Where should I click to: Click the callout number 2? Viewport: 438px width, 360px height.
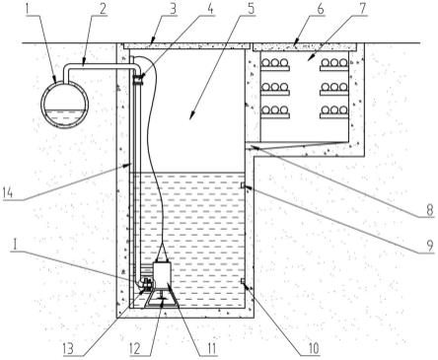point(103,9)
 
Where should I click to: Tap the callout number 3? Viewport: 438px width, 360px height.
point(173,9)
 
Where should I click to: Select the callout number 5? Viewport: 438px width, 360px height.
point(251,9)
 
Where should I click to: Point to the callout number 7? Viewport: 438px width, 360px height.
point(361,9)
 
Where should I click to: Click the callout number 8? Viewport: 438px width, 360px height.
point(430,210)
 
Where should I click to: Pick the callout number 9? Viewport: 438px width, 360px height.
point(430,247)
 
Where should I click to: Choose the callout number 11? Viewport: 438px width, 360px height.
point(210,348)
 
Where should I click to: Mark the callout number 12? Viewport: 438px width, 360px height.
point(136,348)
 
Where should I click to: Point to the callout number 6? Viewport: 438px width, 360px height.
point(320,9)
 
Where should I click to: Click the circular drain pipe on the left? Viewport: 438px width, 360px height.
point(65,105)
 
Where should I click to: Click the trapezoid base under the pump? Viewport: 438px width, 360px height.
point(161,299)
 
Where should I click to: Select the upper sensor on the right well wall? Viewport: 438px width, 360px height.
point(243,186)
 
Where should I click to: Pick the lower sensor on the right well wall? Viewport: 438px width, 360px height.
point(243,281)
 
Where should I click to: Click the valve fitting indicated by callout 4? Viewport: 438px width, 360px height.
point(138,80)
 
